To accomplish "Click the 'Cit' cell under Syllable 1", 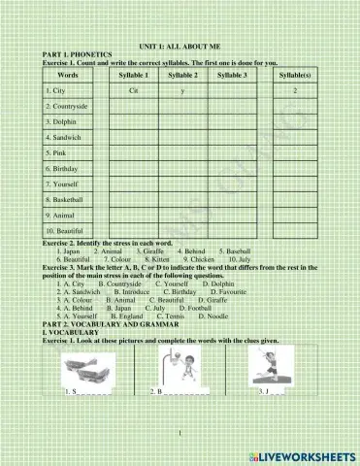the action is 133,90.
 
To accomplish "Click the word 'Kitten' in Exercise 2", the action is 158,260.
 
